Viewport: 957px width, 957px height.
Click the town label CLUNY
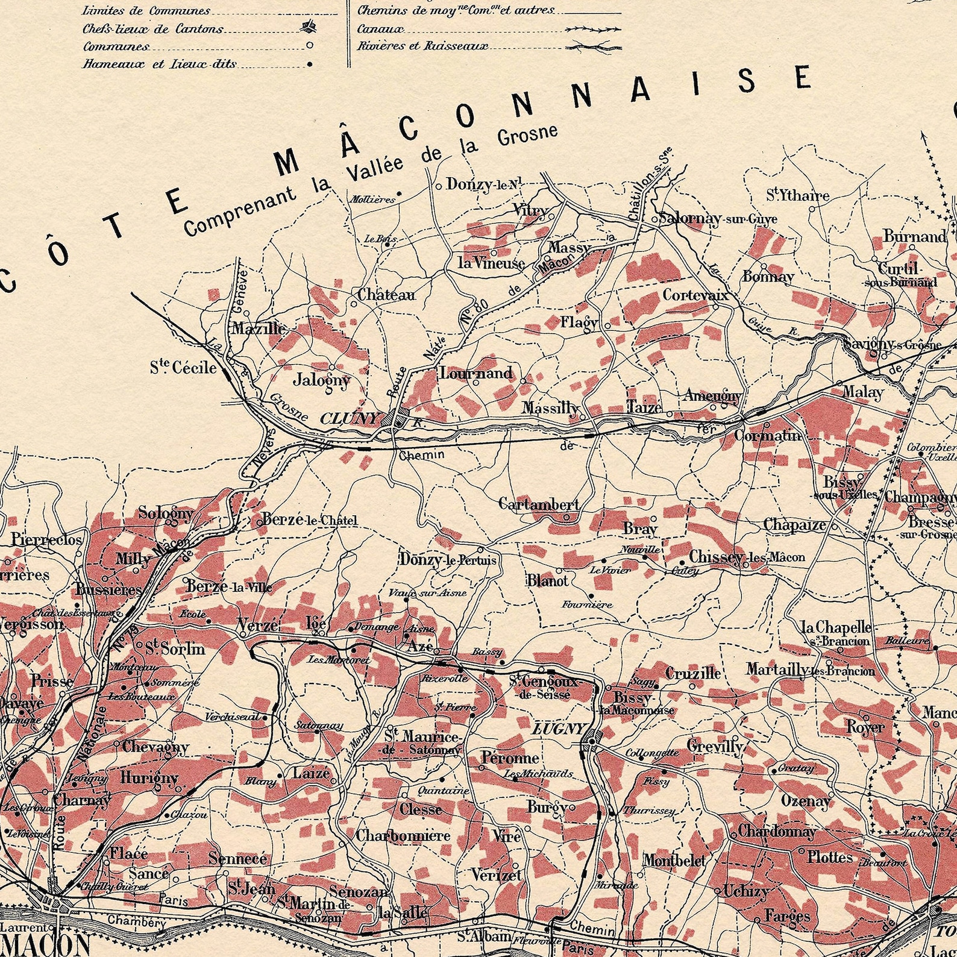(351, 418)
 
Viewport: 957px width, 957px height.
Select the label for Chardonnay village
(777, 832)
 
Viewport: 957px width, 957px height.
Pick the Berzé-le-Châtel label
(309, 519)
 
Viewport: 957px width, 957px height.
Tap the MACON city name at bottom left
(45, 944)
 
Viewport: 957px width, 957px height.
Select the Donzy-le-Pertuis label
(448, 560)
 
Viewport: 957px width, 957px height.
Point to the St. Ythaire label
(797, 195)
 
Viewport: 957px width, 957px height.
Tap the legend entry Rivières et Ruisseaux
(422, 46)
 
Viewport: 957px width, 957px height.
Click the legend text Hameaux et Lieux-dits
(159, 63)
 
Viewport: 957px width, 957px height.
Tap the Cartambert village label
(539, 504)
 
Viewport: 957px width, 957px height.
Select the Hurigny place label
(149, 777)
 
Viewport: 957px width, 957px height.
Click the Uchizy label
(745, 891)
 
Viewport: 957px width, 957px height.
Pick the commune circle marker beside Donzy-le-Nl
(438, 186)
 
